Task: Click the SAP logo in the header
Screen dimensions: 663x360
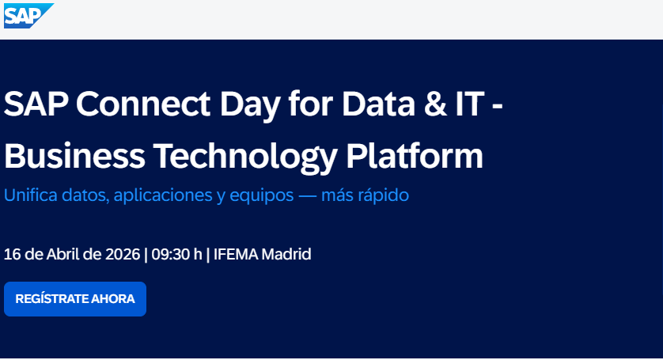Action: coord(28,16)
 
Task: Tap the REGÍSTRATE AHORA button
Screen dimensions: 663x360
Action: coord(75,299)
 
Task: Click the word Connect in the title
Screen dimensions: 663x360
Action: coord(143,104)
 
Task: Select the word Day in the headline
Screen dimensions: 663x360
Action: coord(250,106)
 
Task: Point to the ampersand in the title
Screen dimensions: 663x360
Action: coord(435,104)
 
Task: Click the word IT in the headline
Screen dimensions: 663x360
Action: coord(470,104)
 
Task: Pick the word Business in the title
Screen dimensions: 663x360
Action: coord(74,156)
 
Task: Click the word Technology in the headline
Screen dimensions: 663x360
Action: coord(245,158)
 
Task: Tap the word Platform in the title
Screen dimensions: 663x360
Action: coord(415,156)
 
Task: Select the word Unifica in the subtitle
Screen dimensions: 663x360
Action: coord(30,195)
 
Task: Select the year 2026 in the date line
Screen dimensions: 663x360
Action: coord(123,254)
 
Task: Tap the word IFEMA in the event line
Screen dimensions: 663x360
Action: coord(236,254)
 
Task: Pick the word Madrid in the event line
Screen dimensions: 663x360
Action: coord(286,254)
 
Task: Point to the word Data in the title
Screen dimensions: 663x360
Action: coord(378,104)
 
